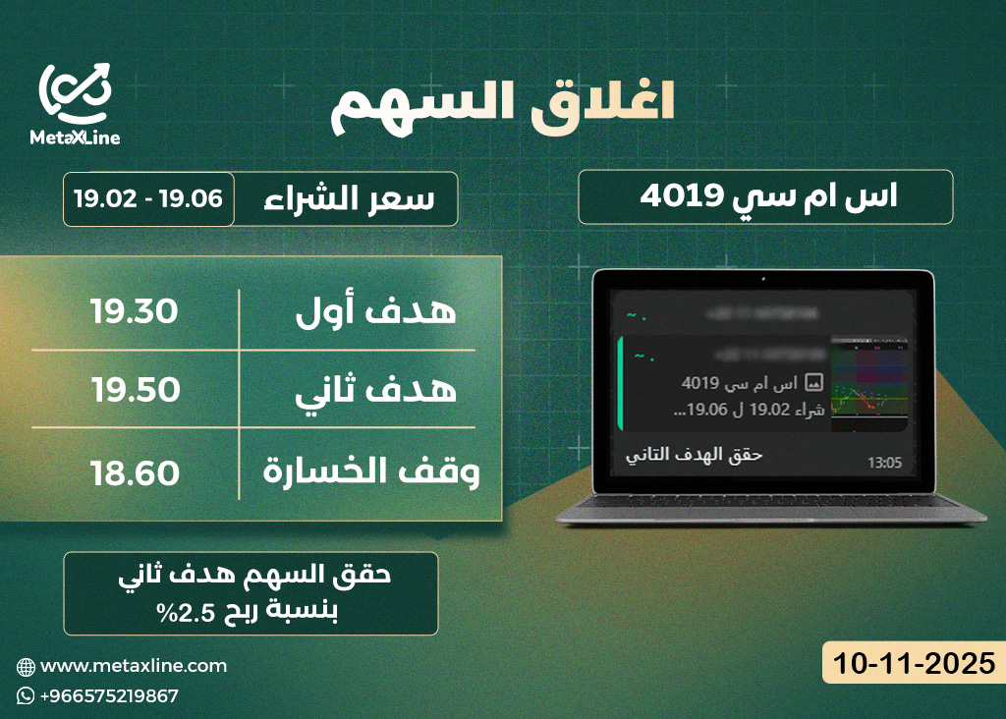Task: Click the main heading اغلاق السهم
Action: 502,105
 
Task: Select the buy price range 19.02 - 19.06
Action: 148,198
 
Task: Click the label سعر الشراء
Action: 350,198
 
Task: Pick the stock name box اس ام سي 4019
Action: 765,196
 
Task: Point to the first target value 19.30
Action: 135,312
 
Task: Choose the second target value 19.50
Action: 136,390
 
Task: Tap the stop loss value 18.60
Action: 135,473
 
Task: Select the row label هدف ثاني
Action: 377,390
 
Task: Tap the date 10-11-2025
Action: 910,662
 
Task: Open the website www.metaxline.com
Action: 134,666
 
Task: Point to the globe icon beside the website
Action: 26,666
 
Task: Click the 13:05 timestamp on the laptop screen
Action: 883,462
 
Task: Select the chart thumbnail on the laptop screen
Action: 869,386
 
